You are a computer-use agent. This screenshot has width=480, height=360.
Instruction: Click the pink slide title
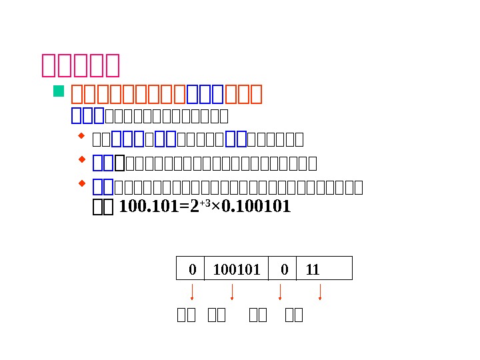pos(80,65)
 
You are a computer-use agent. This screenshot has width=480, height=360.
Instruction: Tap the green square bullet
pos(58,91)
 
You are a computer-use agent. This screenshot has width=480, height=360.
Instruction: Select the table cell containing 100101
pos(236,269)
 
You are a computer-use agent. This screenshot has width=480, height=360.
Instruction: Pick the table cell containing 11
pos(323,269)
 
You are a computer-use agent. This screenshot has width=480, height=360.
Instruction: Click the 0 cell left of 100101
pos(191,269)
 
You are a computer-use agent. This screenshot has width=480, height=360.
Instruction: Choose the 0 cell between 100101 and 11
pos(283,269)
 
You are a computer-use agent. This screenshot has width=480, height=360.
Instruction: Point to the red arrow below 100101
pos(231,292)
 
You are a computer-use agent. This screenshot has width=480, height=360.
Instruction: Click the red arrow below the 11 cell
pos(320,292)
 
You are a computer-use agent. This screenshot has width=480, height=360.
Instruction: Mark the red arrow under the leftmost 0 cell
pos(192,292)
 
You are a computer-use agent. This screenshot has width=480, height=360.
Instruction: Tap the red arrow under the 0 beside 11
pos(280,292)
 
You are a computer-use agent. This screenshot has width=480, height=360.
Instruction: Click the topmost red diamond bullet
pos(81,137)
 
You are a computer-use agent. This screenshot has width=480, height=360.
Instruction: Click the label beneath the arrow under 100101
pos(217,315)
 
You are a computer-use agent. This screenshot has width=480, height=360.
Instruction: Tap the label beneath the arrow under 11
pos(293,315)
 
